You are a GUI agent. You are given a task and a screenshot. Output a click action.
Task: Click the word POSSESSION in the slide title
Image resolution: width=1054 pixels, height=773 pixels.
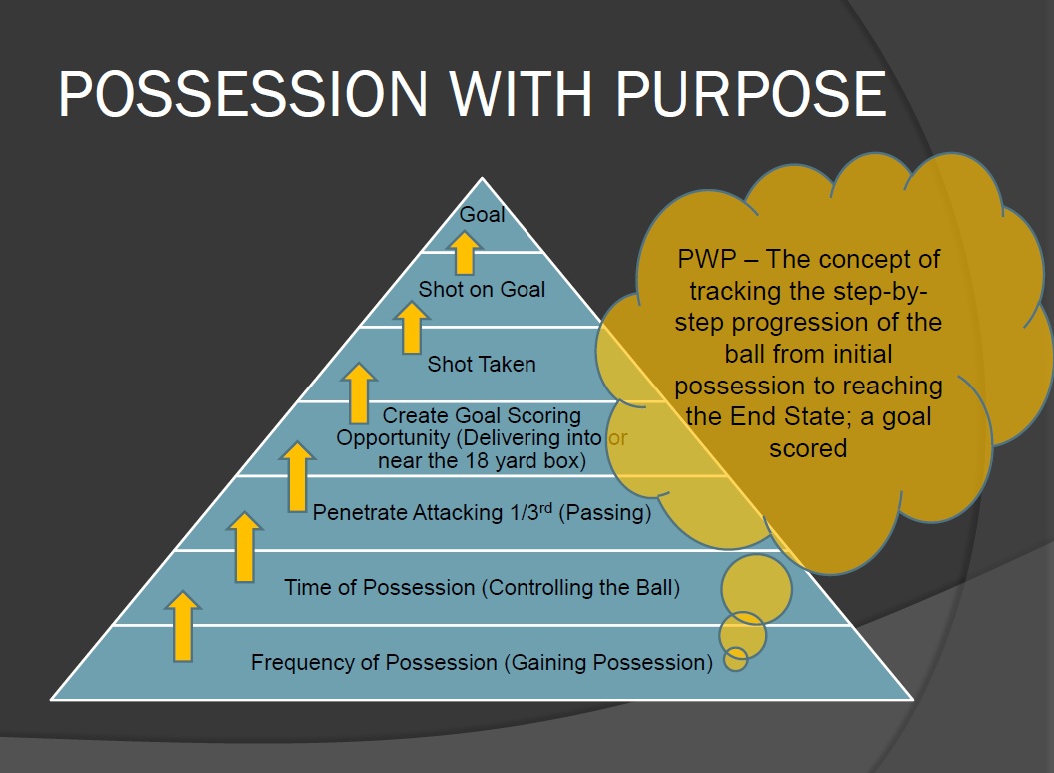[244, 95]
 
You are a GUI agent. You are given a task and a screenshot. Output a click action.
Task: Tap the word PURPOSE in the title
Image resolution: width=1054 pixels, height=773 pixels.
[750, 95]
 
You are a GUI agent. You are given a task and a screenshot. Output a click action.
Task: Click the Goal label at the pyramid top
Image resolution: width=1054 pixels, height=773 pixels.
[482, 215]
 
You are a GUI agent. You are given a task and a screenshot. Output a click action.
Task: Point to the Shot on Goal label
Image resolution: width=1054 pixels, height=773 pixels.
[482, 290]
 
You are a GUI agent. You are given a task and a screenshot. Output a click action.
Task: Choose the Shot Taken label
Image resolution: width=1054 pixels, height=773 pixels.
[482, 364]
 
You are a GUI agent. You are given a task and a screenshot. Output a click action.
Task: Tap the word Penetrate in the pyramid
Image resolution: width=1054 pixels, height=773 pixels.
[359, 513]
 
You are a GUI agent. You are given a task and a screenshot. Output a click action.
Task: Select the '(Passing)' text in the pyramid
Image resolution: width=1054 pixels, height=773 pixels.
[607, 513]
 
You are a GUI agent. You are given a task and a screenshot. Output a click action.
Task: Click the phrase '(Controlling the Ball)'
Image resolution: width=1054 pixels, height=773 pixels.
[580, 587]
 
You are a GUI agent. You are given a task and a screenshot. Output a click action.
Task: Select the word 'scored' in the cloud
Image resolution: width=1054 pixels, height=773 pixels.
[808, 448]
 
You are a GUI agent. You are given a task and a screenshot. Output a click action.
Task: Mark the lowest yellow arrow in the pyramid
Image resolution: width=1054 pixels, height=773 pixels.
[182, 626]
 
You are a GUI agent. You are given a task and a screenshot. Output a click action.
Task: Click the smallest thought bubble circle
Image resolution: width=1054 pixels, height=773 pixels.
[736, 659]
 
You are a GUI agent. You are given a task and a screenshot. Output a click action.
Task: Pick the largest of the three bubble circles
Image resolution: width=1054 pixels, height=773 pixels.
[756, 588]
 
